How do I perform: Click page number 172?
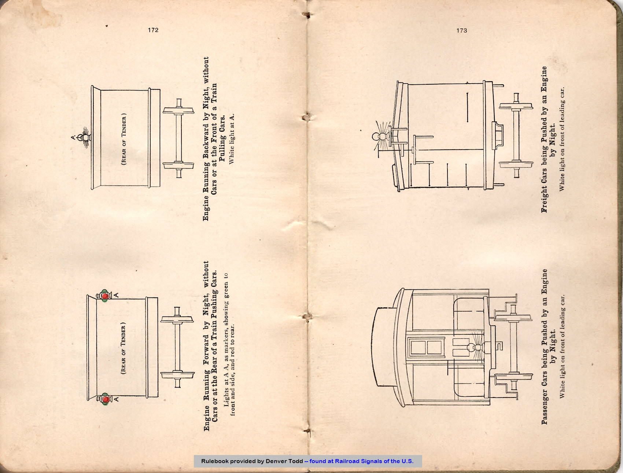click(153, 30)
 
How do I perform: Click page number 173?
click(462, 30)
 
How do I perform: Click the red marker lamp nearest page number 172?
click(104, 296)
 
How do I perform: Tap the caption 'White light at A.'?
click(231, 139)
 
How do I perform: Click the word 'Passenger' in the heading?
click(545, 406)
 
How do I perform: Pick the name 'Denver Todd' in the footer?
click(284, 461)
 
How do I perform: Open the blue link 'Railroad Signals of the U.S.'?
click(374, 461)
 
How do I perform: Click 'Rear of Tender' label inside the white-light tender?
click(124, 139)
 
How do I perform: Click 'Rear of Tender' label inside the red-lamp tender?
click(123, 348)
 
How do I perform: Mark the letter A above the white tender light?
click(73, 137)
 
